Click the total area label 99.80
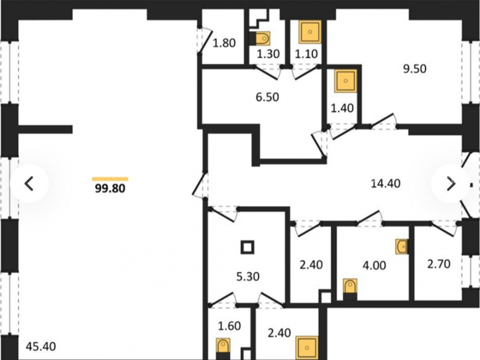point(110,188)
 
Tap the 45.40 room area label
point(41,347)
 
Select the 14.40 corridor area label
point(385,183)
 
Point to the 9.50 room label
point(415,69)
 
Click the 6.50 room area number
point(267,97)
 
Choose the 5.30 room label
point(248,276)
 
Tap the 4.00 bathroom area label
point(374,265)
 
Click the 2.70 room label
point(439,264)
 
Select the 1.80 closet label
point(224,43)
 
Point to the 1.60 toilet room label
point(229,326)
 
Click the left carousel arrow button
point(29,184)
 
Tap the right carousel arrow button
point(451,184)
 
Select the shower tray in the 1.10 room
point(310,32)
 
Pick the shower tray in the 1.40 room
point(346,81)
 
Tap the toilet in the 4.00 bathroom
point(350,289)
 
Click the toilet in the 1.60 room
point(223,349)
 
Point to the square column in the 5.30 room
point(247,247)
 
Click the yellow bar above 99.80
point(110,179)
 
